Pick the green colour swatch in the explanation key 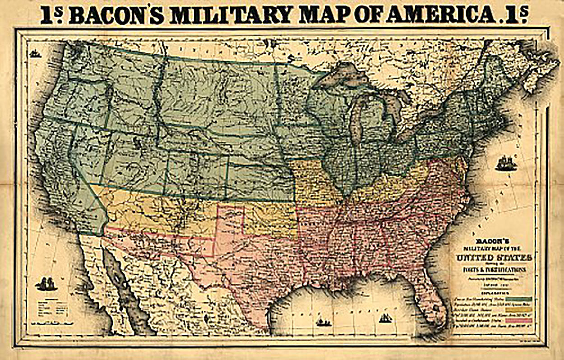519,299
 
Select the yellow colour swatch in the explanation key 519,309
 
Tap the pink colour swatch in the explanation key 519,320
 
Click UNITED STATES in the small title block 494,258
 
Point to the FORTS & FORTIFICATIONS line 494,269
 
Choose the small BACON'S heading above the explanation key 494,242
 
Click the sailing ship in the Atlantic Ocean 506,163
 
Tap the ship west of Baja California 46,284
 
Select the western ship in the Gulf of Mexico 323,321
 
